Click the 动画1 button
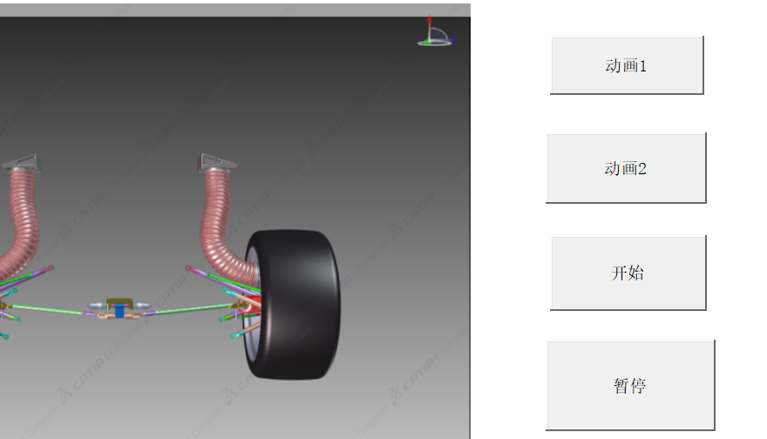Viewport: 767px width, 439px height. tap(627, 65)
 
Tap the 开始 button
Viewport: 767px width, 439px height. tap(628, 273)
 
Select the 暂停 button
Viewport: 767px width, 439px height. tap(630, 386)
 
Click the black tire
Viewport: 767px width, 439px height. tap(293, 305)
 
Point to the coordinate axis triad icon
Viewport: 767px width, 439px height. tap(435, 31)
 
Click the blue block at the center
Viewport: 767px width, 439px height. tap(119, 311)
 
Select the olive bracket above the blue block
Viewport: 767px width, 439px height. tap(119, 302)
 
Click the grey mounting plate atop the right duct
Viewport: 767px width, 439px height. tap(217, 162)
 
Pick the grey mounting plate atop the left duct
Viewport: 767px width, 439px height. tap(22, 163)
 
